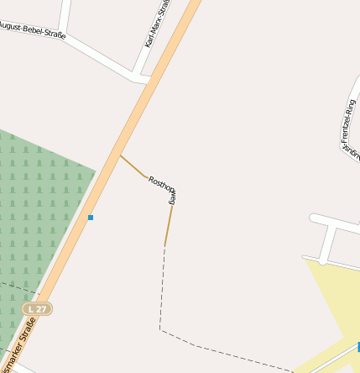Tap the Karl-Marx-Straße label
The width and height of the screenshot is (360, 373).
point(157,24)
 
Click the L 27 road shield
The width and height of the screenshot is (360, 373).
point(37,309)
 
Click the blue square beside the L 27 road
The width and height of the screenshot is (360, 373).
point(91,218)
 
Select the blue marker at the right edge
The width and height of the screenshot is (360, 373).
point(357,346)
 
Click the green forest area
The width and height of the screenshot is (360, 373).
point(34,210)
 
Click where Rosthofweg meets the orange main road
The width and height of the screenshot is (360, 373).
point(120,155)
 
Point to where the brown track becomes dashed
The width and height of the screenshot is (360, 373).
point(164,246)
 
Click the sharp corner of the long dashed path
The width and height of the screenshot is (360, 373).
point(159,329)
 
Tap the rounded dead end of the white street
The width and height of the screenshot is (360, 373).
point(314,219)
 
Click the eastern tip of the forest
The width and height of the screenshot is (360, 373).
point(94,171)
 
